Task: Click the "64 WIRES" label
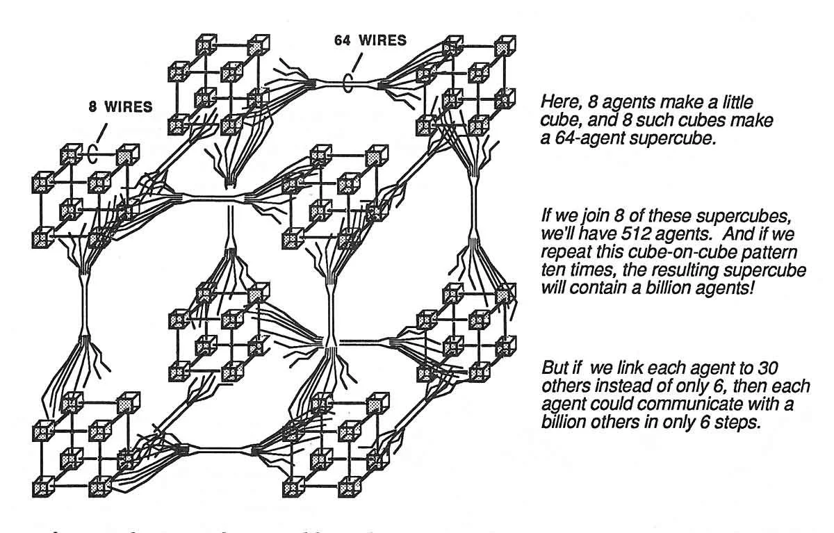370,40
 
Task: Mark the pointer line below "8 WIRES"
103,131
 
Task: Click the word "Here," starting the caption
557,103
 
